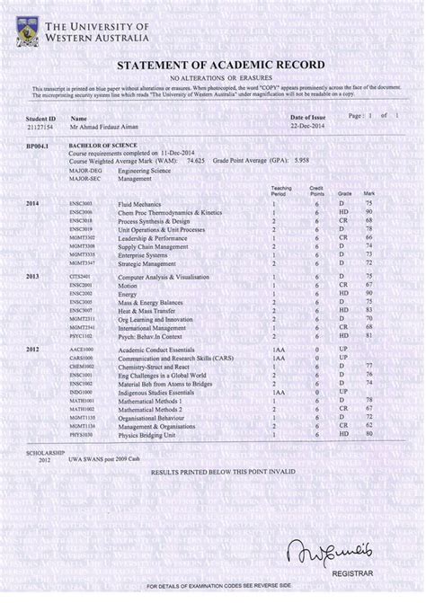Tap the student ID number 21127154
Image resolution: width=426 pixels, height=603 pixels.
(40, 126)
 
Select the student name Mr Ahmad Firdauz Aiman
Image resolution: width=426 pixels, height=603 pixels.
(105, 126)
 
